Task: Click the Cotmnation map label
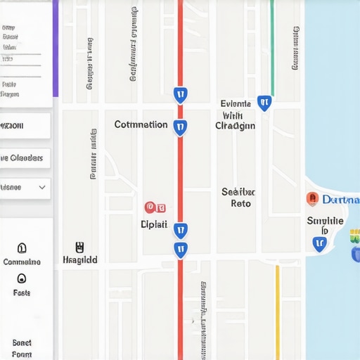pos(141,125)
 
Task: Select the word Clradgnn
pos(235,127)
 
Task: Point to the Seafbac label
pos(238,191)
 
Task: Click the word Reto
pos(240,204)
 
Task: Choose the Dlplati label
pos(154,225)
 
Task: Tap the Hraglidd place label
pos(79,259)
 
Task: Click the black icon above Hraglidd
pos(79,247)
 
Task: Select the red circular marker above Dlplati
pos(150,207)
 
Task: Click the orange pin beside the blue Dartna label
pos(312,199)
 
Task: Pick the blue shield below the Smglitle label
pos(320,243)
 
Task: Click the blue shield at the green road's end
pos(264,103)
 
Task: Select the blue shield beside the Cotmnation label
pos(180,127)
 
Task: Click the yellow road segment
pos(277,309)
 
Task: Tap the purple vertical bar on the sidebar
pos(55,49)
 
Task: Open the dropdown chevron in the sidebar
pos(42,188)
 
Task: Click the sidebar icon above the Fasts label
pos(22,278)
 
